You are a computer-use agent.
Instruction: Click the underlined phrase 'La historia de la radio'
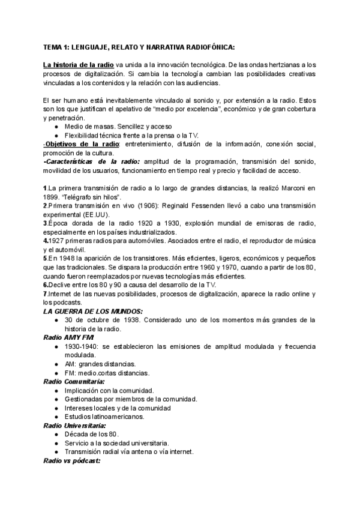tap(79, 64)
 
